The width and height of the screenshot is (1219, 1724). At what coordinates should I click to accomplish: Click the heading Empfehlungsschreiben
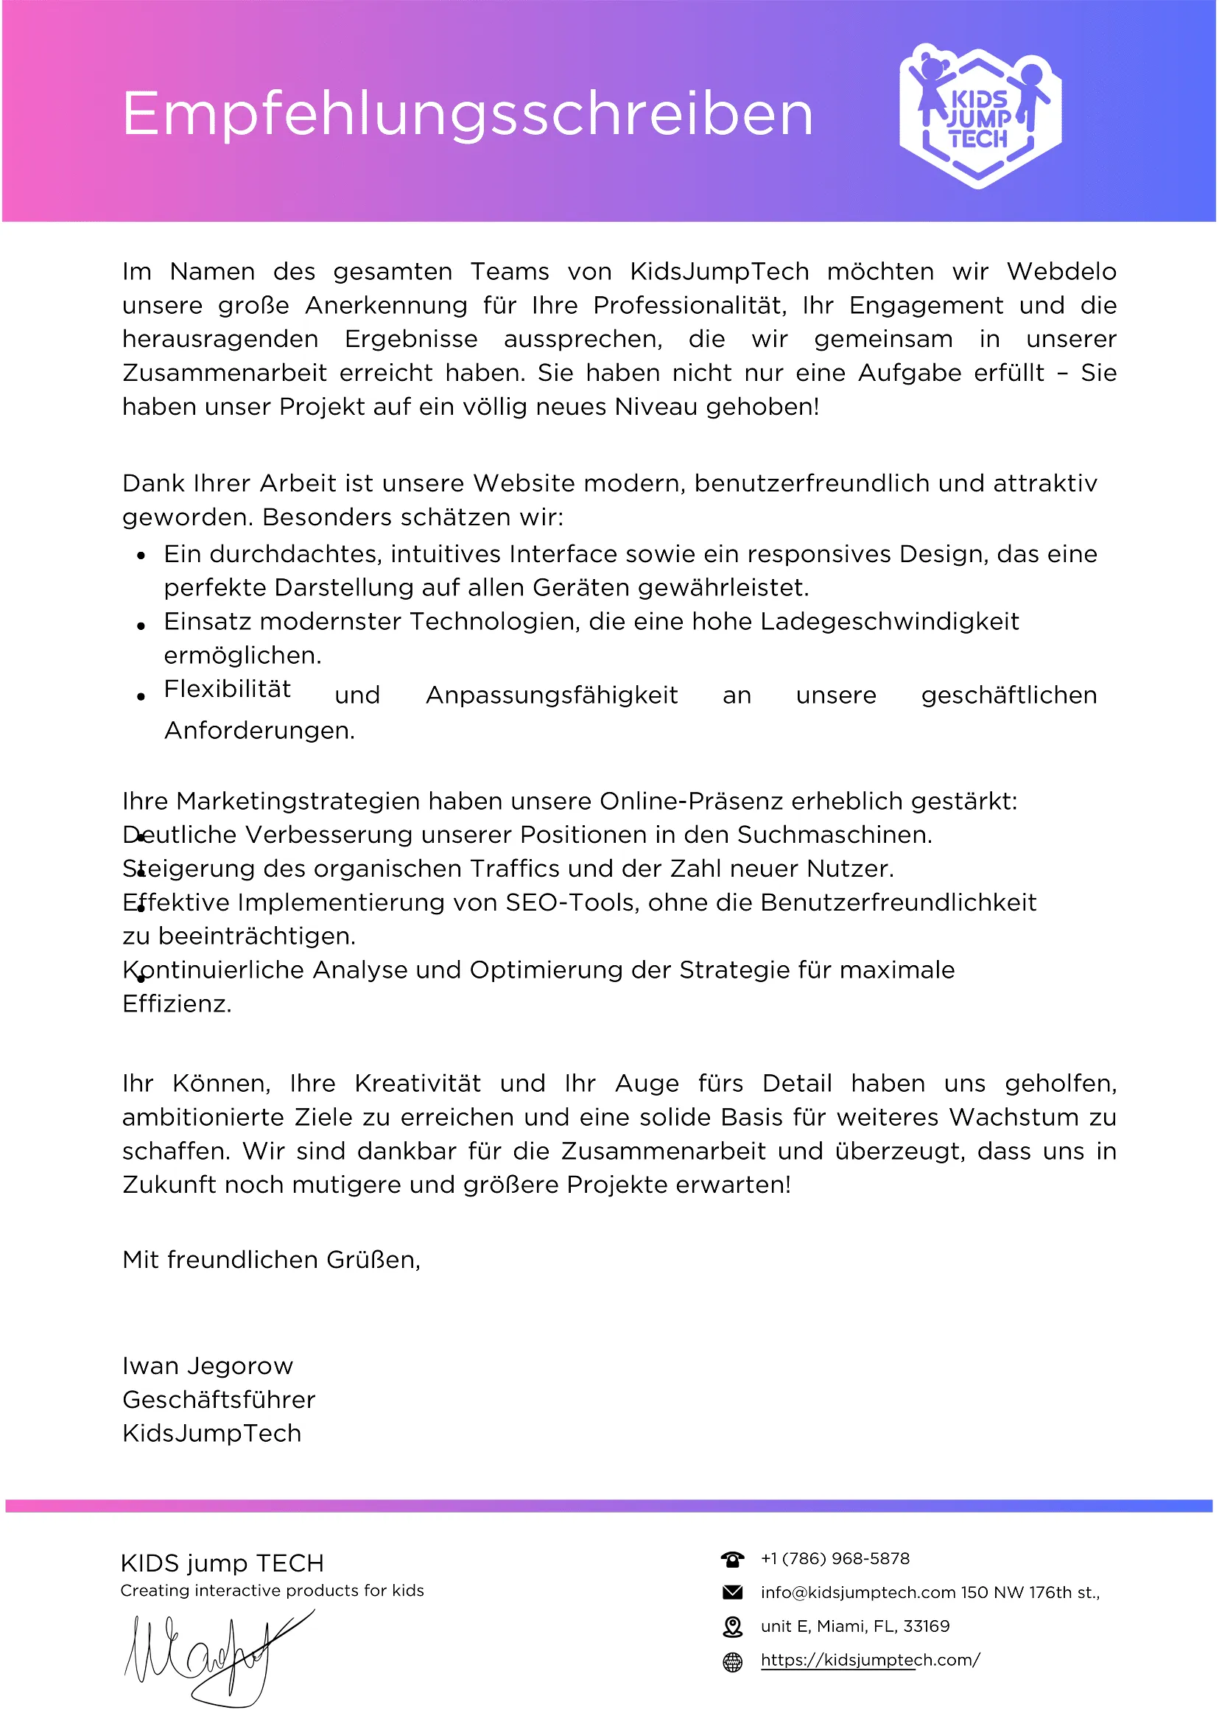467,114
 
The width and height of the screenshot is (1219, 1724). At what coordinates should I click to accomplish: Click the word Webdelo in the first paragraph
1061,271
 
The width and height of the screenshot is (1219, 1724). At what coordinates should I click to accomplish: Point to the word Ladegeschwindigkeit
889,622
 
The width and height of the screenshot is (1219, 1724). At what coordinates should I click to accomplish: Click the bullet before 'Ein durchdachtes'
141,556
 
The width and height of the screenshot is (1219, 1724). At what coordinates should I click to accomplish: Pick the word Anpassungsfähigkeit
552,695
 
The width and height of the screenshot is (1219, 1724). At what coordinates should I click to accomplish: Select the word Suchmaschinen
834,835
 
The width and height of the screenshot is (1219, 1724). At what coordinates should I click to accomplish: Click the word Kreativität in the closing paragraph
418,1084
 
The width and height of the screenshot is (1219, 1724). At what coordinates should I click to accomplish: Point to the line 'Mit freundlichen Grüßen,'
271,1259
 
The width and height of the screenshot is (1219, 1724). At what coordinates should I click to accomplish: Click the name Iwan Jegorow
207,1366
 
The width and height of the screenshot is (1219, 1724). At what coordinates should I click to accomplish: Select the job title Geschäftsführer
219,1400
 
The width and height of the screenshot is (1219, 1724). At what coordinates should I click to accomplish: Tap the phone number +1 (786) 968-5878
835,1558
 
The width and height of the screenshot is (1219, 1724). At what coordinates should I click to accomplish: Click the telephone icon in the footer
732,1559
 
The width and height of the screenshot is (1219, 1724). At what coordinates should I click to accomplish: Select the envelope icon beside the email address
732,1592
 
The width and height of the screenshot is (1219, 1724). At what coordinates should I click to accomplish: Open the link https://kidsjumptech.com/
870,1659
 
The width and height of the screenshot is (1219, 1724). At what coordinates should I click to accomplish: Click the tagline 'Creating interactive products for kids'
272,1591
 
